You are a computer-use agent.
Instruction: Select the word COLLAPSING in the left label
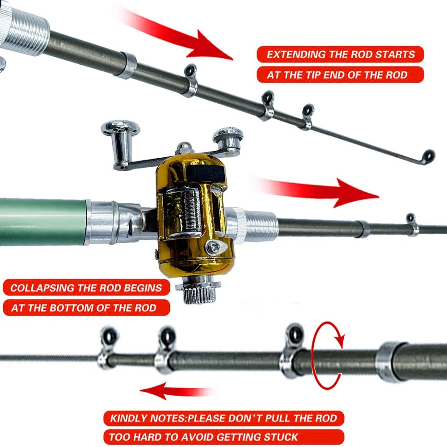(x=40, y=287)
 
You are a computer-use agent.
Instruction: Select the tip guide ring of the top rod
(x=428, y=156)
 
